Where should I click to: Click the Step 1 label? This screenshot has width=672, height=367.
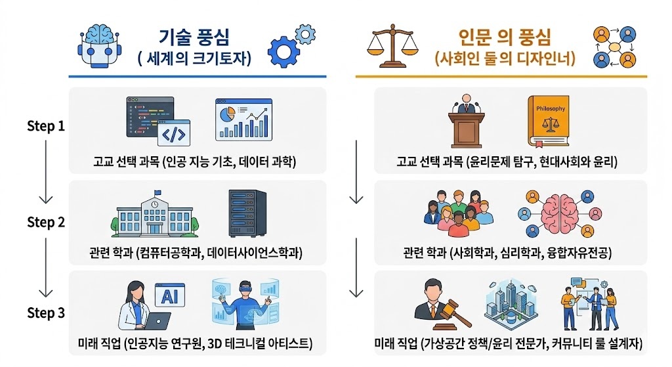(45, 125)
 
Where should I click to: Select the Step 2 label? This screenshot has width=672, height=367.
(45, 222)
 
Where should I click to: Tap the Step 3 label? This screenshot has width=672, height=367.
(45, 313)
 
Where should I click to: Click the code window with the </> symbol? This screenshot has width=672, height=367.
(175, 135)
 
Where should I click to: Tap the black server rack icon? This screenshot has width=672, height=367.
(247, 213)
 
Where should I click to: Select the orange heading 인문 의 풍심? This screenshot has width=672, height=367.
(505, 37)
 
